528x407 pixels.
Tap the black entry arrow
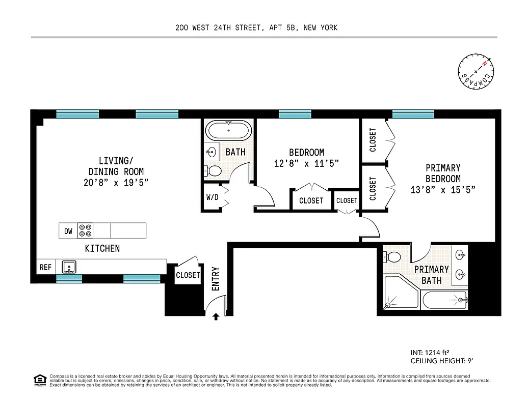216,316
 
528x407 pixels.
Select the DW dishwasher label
68,231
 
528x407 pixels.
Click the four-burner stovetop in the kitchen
85,231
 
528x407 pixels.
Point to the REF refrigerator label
46,267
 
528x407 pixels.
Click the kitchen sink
69,267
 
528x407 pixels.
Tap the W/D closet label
212,197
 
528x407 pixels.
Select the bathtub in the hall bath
228,130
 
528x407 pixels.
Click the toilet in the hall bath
213,170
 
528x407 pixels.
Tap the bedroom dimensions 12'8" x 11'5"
307,163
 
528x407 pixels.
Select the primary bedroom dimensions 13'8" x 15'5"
443,190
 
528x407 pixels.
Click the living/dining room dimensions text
116,183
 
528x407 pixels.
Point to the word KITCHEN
102,248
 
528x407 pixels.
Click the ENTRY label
216,279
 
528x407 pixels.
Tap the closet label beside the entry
188,275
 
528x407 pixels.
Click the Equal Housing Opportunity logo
39,380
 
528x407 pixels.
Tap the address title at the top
256,28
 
